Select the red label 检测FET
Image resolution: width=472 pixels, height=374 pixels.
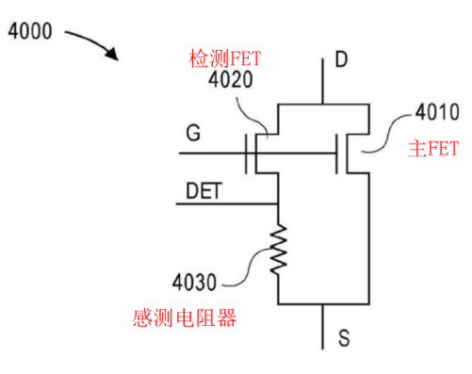[x=224, y=60]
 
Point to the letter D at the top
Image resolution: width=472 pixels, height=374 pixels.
[x=341, y=61]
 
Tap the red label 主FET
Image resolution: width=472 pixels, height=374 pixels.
[x=431, y=148]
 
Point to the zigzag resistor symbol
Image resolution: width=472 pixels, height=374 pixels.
[x=279, y=249]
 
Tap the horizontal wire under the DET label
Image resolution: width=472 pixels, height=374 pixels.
[x=226, y=203]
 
